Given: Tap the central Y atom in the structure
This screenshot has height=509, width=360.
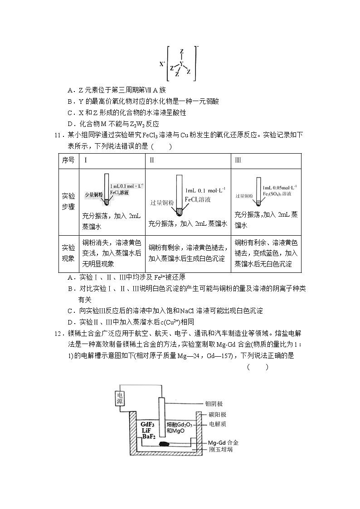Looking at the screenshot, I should (181, 63).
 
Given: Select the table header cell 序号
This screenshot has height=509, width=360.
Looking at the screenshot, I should (68, 160).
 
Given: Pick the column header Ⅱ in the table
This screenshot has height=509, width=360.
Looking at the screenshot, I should (152, 160).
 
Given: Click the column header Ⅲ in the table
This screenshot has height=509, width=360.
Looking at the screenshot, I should (238, 160).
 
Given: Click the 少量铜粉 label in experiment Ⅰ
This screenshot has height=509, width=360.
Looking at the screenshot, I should (93, 195).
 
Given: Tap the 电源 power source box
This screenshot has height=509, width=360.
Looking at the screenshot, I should (120, 398).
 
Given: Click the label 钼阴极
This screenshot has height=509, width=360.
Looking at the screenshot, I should (214, 404).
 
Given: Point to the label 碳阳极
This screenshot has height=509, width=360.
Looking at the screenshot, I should (217, 414).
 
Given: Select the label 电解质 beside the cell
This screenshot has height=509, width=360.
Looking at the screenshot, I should (217, 424).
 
